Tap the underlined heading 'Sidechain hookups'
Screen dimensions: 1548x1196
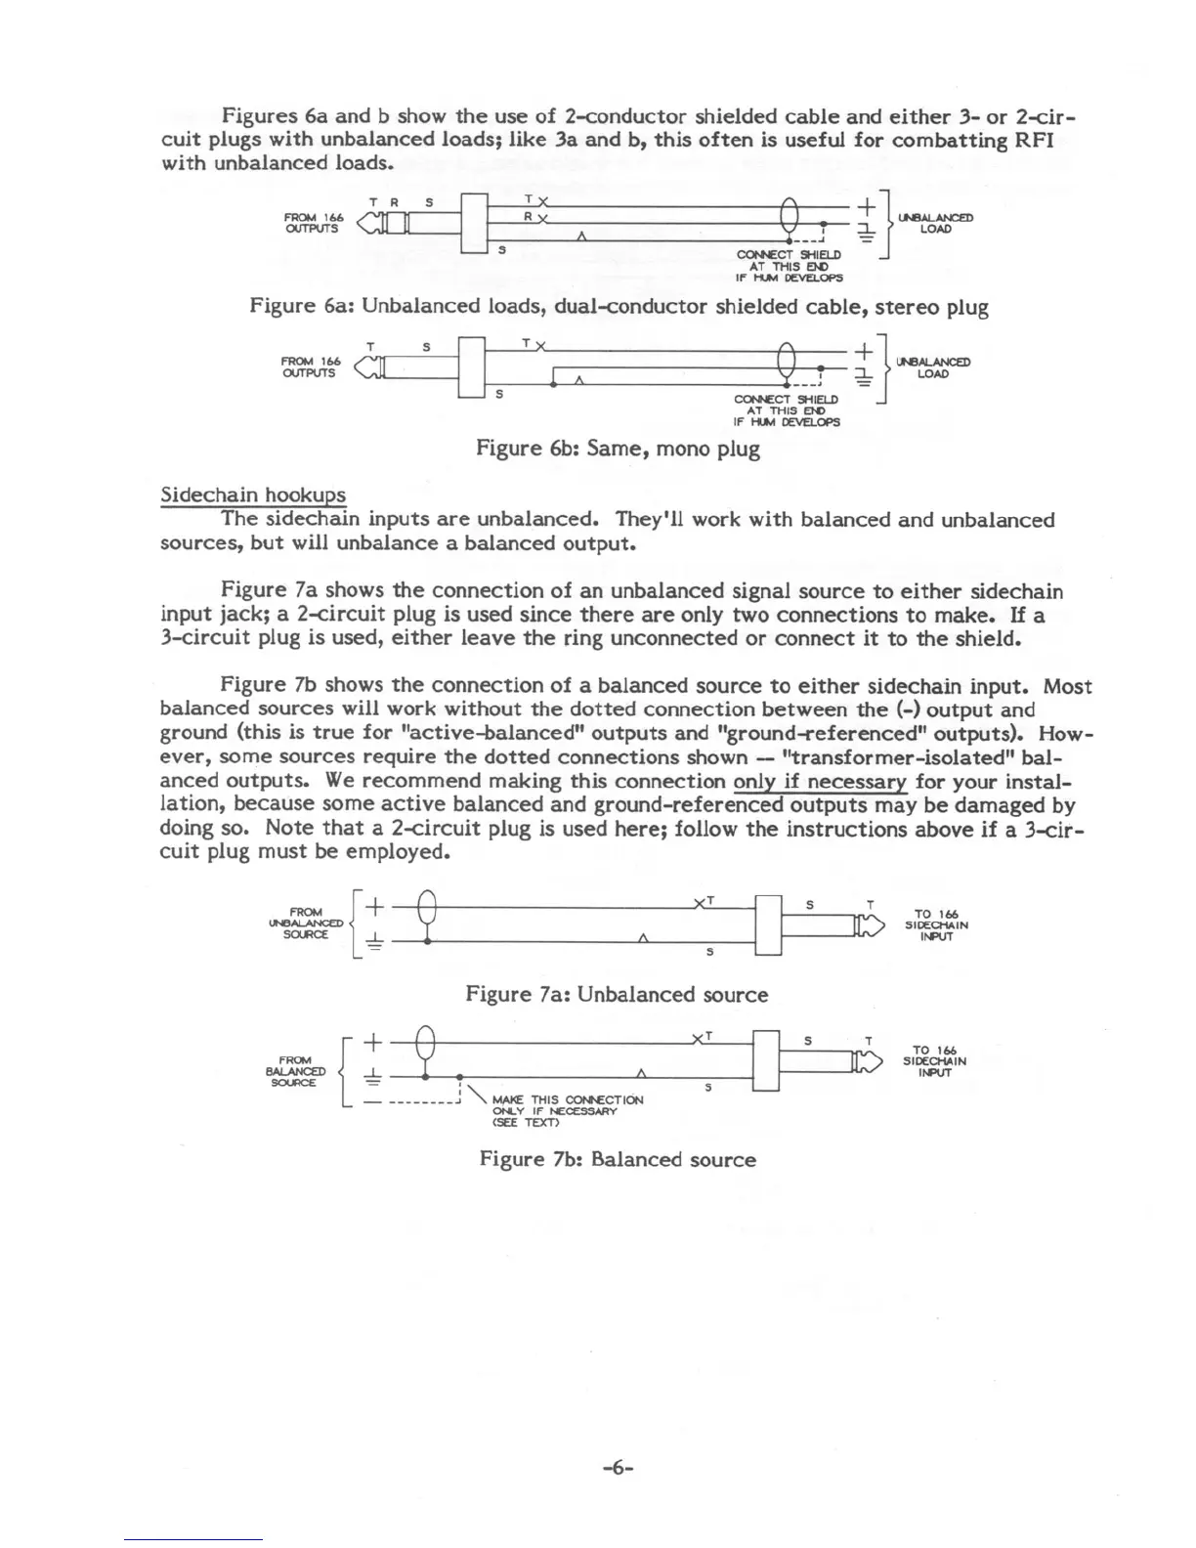[252, 494]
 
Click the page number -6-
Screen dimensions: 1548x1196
[618, 1467]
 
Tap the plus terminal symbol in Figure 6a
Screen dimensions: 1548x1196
[866, 208]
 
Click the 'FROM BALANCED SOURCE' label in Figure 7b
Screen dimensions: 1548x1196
[296, 1071]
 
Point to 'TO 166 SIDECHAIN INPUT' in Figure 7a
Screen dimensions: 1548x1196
[935, 925]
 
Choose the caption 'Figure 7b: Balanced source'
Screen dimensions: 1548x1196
[618, 1160]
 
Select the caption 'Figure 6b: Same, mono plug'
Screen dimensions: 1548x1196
[618, 449]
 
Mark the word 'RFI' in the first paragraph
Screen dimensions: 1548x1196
[1034, 140]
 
